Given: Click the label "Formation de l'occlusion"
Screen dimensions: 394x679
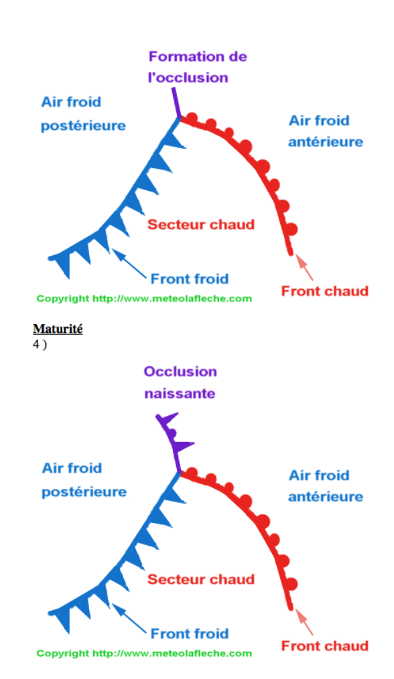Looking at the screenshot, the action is [197, 67].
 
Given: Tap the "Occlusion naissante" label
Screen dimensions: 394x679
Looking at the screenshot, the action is [180, 382].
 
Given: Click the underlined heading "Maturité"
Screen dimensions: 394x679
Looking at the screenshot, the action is [58, 329].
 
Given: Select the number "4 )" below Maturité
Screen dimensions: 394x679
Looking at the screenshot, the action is [40, 345].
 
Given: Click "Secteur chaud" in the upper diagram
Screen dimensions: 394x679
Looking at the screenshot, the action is [200, 224].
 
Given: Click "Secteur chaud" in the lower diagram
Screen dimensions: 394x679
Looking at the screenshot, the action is [200, 579].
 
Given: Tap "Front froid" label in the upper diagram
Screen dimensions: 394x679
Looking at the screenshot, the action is [190, 279].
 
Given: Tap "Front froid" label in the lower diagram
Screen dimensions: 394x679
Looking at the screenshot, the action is [190, 633].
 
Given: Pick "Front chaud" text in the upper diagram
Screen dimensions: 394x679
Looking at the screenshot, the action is [325, 291].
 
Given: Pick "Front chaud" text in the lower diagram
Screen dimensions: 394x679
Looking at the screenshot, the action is [325, 646].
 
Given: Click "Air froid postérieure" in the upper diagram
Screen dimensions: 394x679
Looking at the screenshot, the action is [83, 114].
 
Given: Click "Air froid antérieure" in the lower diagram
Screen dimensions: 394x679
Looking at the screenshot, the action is [326, 486].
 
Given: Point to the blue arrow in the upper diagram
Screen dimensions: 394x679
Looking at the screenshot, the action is [129, 263].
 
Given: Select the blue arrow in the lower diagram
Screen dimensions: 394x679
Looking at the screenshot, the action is [129, 618].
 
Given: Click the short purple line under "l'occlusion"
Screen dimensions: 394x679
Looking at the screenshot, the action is [176, 102].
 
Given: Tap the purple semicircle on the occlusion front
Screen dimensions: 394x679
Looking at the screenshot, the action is [172, 433].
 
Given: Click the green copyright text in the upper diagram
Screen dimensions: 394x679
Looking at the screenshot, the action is [144, 299].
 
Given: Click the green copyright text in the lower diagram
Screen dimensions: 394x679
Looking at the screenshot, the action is [144, 654].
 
